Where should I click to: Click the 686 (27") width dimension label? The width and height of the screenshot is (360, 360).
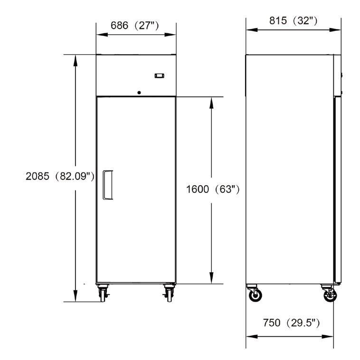coord(134,26)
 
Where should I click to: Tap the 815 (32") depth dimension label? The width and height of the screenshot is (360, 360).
coord(293,21)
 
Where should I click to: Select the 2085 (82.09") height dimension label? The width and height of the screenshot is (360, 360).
coord(60,176)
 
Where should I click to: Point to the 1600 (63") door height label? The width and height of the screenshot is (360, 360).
coord(213,189)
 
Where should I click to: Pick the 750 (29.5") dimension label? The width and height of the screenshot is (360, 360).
coord(291,323)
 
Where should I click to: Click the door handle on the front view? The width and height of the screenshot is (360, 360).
coord(107,185)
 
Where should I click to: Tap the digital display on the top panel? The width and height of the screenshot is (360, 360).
coord(159,76)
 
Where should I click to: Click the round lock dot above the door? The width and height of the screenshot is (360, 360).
coord(139,93)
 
